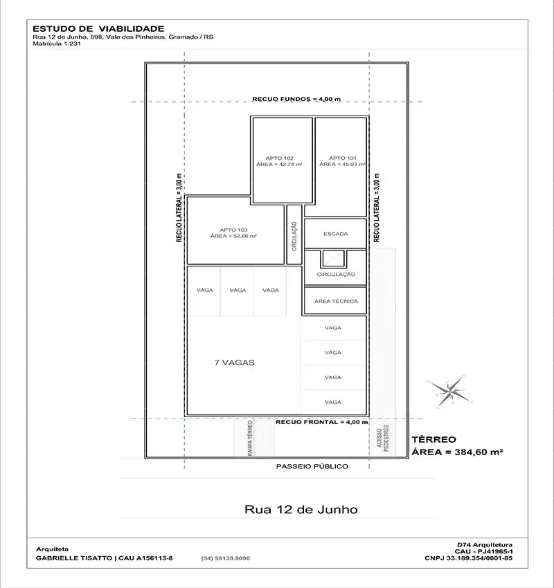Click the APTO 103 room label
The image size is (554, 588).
tap(233, 230)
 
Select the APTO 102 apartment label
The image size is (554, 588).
tap(280, 158)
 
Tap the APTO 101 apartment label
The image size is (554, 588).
tap(343, 158)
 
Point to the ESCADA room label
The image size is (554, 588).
tap(336, 234)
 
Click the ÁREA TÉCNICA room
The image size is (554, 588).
tap(336, 301)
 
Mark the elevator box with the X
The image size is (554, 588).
tap(333, 259)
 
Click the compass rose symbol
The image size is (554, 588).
tap(449, 391)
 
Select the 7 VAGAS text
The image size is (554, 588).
tap(235, 362)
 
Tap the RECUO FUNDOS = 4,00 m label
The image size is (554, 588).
tap(296, 99)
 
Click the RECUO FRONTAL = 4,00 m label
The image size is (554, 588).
tap(322, 422)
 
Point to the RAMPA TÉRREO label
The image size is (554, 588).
tap(250, 438)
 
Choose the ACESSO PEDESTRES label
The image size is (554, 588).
tap(382, 438)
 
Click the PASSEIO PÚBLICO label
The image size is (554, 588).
tap(312, 466)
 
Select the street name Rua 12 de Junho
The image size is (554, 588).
tap(301, 509)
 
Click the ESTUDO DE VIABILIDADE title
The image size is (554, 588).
tap(98, 29)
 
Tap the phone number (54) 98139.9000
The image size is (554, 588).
tap(226, 558)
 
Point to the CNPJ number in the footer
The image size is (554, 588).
tap(468, 558)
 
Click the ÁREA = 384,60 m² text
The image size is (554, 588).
tap(458, 452)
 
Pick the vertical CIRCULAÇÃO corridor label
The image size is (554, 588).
tap(294, 237)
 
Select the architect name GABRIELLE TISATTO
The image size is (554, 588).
tap(74, 558)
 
